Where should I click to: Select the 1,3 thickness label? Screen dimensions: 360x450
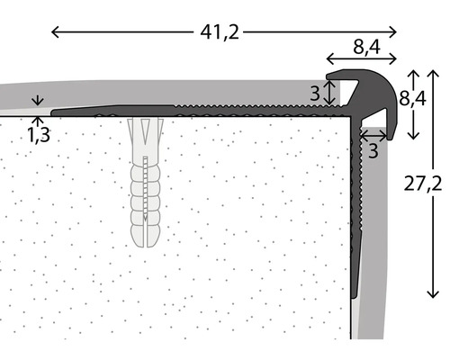point(37,135)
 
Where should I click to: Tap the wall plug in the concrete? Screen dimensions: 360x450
point(144,184)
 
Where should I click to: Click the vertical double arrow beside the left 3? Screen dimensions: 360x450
point(330,91)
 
